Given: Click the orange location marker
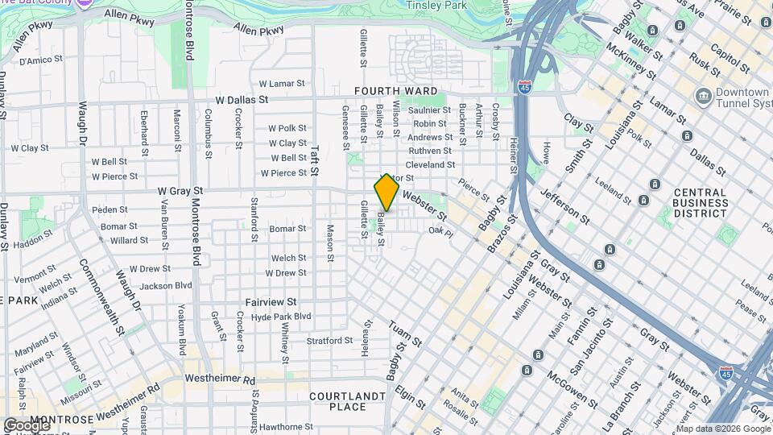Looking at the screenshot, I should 386,193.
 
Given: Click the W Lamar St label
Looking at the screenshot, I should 276,83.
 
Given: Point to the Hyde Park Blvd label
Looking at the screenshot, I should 280,317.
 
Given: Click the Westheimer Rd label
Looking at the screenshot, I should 219,379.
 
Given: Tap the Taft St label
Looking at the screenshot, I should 316,159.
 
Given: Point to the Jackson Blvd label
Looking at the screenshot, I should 166,285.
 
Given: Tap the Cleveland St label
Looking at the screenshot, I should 430,164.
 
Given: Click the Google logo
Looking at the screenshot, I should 27,425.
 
